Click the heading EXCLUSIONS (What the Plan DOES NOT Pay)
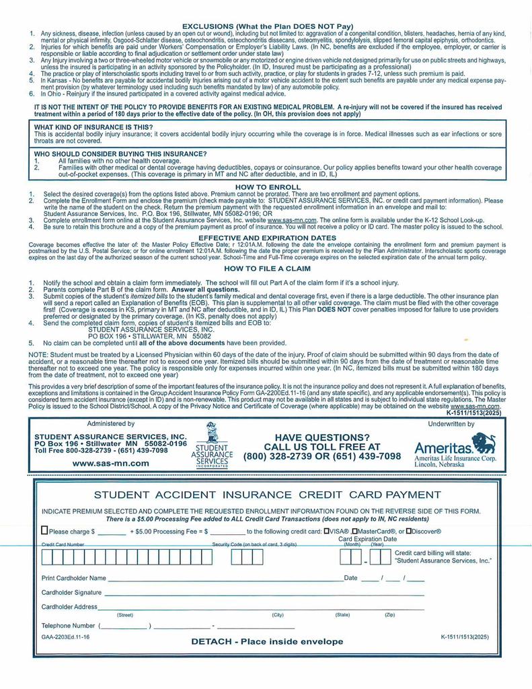[x=268, y=26]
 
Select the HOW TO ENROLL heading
[x=268, y=186]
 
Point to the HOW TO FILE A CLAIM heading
[x=268, y=268]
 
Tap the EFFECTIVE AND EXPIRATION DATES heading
[x=268, y=238]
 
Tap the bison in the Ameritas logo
[x=484, y=442]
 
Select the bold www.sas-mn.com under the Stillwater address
[x=111, y=463]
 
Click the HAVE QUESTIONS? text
[x=322, y=437]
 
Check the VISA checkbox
[x=327, y=531]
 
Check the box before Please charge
[x=45, y=530]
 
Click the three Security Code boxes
[x=242, y=557]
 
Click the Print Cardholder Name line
[x=225, y=579]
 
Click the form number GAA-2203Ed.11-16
[x=65, y=637]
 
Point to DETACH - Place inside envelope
[x=267, y=641]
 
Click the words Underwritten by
[x=451, y=424]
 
